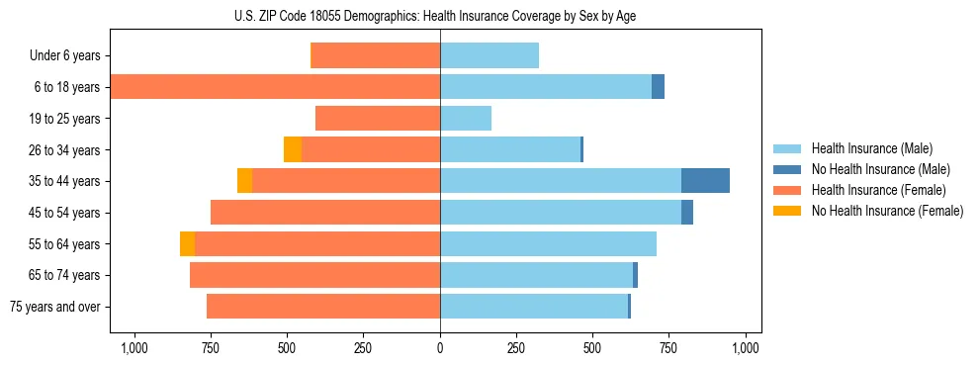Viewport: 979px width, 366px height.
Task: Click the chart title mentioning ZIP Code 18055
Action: [x=440, y=15]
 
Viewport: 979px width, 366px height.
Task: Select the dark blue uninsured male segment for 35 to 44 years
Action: [x=705, y=181]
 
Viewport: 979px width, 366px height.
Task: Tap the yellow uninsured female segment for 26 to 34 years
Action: [x=293, y=149]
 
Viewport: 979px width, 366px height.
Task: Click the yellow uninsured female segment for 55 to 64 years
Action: [x=187, y=243]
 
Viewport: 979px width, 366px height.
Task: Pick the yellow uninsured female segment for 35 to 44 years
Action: [x=244, y=181]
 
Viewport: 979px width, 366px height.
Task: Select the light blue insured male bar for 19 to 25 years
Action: [x=466, y=119]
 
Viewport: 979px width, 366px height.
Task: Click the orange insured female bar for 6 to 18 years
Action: [x=275, y=87]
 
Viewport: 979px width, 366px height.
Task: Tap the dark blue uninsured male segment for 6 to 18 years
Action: [x=658, y=87]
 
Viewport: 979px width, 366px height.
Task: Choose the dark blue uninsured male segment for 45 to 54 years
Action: [x=687, y=213]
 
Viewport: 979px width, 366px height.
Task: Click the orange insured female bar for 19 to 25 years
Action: [x=378, y=119]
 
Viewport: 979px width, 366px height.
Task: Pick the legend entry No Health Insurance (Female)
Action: [x=887, y=211]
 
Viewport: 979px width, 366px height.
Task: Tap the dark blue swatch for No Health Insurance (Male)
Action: [x=787, y=169]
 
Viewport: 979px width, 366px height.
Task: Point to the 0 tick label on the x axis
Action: [x=440, y=347]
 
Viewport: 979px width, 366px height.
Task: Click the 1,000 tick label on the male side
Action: [x=746, y=347]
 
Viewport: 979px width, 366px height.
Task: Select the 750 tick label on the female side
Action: [x=211, y=347]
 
